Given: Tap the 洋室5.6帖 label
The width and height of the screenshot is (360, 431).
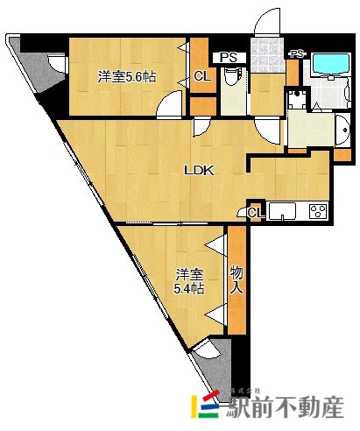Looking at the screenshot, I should pyautogui.click(x=127, y=77).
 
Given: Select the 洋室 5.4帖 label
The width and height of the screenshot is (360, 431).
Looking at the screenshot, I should pyautogui.click(x=187, y=279).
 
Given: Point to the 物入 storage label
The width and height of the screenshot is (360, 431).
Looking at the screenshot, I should pyautogui.click(x=236, y=279).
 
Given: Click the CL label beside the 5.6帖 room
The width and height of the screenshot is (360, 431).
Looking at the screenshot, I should pyautogui.click(x=201, y=76).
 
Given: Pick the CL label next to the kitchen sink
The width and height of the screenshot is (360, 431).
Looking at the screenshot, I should pyautogui.click(x=256, y=212).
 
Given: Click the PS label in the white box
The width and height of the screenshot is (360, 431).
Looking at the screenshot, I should pyautogui.click(x=229, y=58).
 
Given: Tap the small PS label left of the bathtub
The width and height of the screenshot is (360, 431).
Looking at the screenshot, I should pyautogui.click(x=297, y=54).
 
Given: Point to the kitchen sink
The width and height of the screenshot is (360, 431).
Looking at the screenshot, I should pyautogui.click(x=285, y=211).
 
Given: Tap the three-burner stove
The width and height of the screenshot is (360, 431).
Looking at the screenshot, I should pyautogui.click(x=317, y=211).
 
